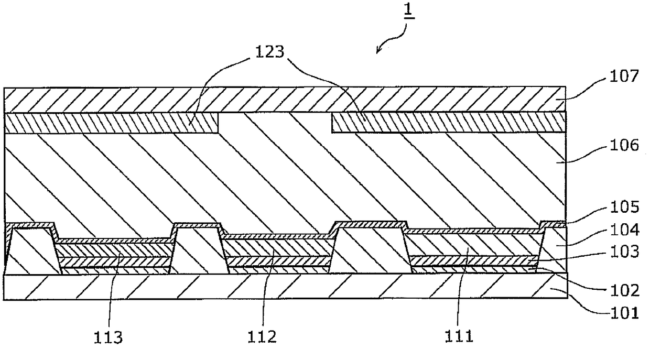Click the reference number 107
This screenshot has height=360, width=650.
pyautogui.click(x=624, y=77)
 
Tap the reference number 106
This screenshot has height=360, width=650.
pyautogui.click(x=624, y=145)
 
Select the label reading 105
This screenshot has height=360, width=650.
pyautogui.click(x=624, y=207)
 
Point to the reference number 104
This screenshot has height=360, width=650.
pyautogui.click(x=624, y=230)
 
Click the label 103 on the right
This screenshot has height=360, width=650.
pyautogui.click(x=624, y=252)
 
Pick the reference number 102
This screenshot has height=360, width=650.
pyautogui.click(x=624, y=290)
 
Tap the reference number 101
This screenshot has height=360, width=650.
pyautogui.click(x=624, y=313)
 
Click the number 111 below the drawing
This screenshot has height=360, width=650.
pyautogui.click(x=459, y=336)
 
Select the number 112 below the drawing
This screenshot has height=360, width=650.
pyautogui.click(x=262, y=337)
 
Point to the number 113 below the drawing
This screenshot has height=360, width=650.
pyautogui.click(x=108, y=337)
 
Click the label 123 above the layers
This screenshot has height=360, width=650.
pyautogui.click(x=269, y=52)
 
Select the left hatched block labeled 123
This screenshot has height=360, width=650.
pyautogui.click(x=111, y=123)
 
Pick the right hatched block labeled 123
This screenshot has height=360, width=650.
pyautogui.click(x=449, y=122)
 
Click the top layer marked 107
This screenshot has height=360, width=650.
pyautogui.click(x=285, y=100)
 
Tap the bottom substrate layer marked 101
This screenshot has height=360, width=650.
pyautogui.click(x=285, y=287)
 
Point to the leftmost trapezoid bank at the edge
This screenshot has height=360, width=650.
pyautogui.click(x=32, y=251)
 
